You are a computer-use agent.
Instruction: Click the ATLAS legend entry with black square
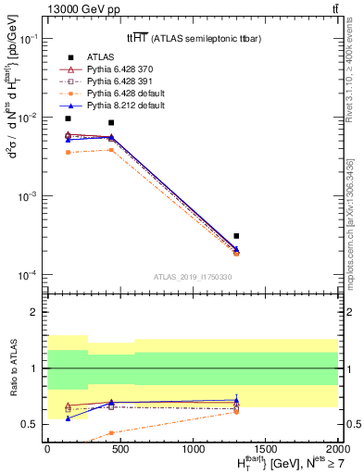click(x=95, y=57)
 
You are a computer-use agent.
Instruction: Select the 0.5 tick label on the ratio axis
click(x=31, y=424)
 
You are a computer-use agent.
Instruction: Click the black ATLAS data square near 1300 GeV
click(x=236, y=236)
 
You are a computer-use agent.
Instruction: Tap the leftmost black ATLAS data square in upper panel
click(x=69, y=118)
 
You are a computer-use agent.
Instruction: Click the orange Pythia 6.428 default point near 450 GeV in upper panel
click(x=112, y=149)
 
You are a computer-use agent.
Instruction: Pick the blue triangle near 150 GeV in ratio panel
click(x=69, y=418)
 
